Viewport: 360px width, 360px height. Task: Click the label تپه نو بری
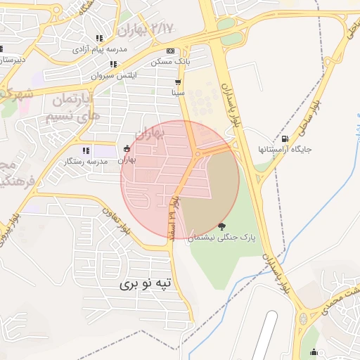(x=144, y=284)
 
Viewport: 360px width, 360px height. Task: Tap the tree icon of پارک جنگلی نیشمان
(x=223, y=226)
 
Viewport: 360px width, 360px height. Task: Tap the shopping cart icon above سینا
(x=179, y=81)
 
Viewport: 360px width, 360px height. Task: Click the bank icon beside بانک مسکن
(x=170, y=51)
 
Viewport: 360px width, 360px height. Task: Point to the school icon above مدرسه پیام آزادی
(x=99, y=39)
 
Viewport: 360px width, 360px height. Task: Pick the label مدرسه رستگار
(x=86, y=161)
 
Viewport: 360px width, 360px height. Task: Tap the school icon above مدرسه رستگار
(x=86, y=150)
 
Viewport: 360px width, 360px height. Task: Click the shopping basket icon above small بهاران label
(x=126, y=148)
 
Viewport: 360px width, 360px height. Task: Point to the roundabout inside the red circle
(x=198, y=153)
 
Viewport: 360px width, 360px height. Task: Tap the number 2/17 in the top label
(x=162, y=28)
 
